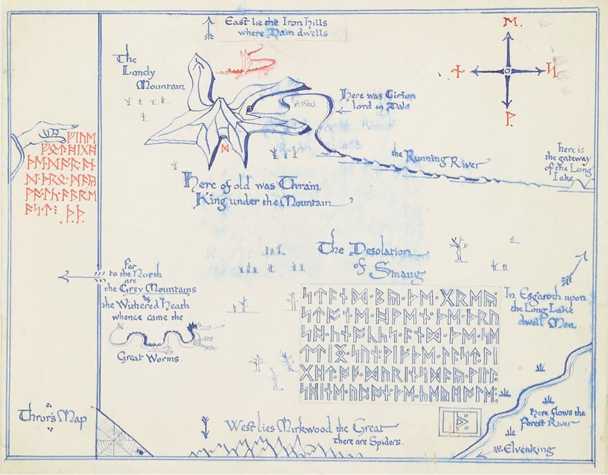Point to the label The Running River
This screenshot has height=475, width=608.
click(440, 159)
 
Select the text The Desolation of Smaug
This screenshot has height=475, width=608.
click(372, 259)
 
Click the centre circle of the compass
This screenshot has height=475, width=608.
click(506, 71)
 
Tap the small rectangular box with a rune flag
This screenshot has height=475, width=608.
click(460, 420)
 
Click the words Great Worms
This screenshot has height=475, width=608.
click(148, 358)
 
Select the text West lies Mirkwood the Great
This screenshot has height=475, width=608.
click(310, 427)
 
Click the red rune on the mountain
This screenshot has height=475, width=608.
click(225, 147)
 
